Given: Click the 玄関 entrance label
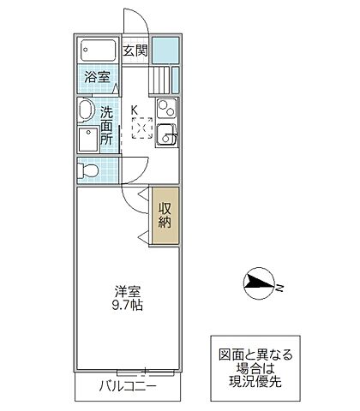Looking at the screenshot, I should tap(135, 50).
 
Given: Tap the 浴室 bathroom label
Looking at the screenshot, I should tap(96, 77).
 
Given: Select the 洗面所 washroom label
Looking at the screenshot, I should tap(106, 123).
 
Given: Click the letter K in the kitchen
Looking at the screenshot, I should tap(133, 109).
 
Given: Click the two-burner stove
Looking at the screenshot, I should tap(166, 109).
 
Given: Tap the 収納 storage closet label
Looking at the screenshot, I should tap(165, 214).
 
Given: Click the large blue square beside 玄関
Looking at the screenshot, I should tap(166, 51).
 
